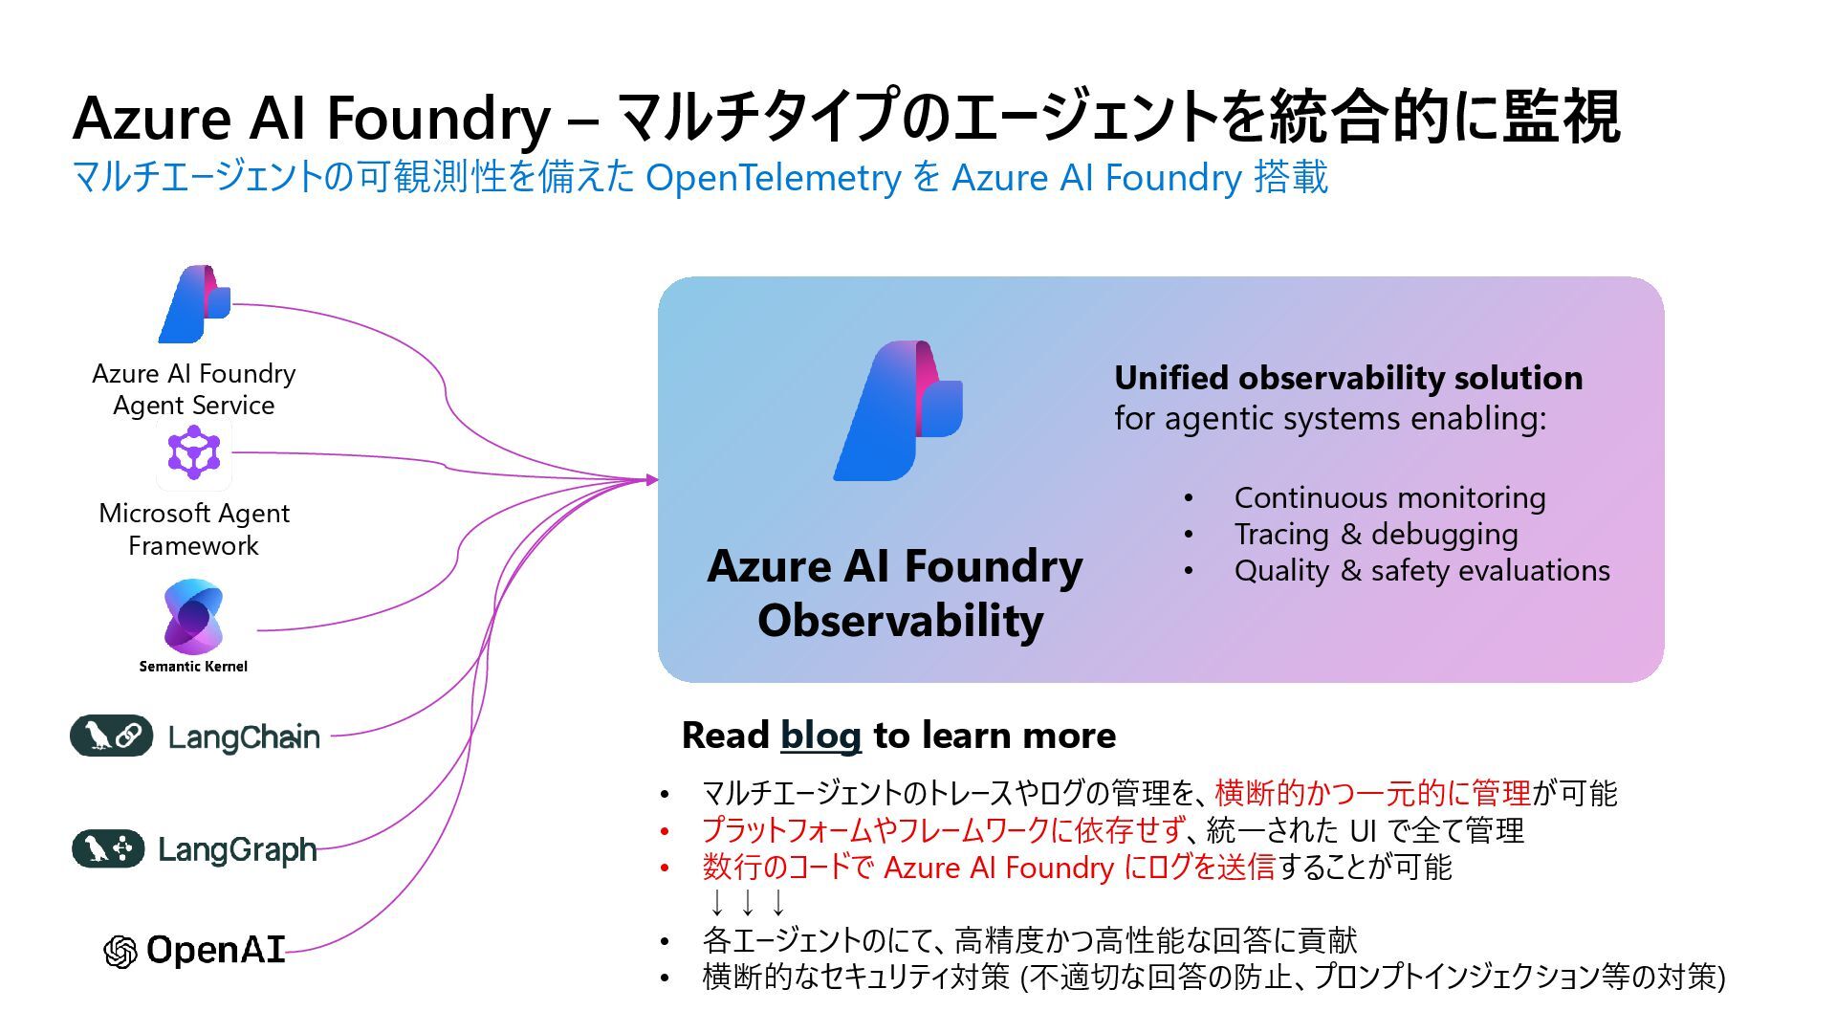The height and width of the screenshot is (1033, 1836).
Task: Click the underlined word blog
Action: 820,736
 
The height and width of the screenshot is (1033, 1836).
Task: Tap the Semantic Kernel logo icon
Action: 193,617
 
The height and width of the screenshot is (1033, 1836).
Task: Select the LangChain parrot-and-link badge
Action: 111,736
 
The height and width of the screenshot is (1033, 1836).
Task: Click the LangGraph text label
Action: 237,849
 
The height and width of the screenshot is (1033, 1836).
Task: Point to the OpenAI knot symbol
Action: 120,951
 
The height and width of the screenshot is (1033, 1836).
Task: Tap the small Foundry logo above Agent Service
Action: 196,304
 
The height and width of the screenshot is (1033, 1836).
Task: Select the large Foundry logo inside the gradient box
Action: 899,410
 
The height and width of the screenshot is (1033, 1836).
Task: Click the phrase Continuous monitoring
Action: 1389,497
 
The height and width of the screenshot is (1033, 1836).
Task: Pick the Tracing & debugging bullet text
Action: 1375,534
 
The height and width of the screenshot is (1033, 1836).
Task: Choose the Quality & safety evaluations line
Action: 1421,570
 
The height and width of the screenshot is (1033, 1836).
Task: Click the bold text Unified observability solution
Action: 1347,378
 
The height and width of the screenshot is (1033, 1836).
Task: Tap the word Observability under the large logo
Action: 900,620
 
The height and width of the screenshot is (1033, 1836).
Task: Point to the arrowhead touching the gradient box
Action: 652,479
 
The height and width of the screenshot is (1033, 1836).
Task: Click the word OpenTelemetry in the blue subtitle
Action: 773,178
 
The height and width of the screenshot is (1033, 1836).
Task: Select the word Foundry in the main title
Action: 438,119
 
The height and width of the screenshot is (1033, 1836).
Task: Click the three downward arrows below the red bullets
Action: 747,902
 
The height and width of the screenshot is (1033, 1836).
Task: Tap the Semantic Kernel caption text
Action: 193,667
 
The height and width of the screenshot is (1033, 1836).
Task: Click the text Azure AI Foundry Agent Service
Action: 194,389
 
